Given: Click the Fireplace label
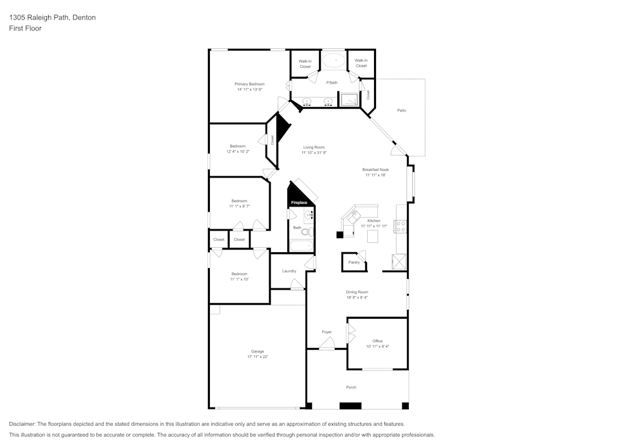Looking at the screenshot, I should tap(299, 203).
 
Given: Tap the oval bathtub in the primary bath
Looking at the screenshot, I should tap(332, 61).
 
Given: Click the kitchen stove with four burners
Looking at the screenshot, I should tap(401, 226).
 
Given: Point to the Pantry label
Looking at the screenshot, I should tap(354, 262).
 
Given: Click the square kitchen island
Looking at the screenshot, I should tap(373, 236).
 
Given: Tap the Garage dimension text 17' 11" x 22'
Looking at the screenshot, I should tap(257, 357).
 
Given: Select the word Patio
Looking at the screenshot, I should tap(401, 111).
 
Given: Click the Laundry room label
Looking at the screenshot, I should tap(289, 271).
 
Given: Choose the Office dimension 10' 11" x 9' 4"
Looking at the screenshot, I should tap(378, 347).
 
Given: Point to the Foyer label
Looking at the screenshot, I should tap(327, 332).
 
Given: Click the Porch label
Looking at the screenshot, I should tap(351, 387).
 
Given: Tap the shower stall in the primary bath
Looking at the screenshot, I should tap(349, 99).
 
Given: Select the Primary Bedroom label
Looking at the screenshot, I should tap(249, 84).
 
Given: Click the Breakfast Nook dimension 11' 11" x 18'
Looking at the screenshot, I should tap(375, 176).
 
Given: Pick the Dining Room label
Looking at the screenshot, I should tap(357, 292).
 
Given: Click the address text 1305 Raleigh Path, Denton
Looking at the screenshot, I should tap(53, 18).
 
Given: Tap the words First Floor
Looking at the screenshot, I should tap(25, 29).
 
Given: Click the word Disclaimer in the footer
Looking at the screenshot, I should tap(23, 424).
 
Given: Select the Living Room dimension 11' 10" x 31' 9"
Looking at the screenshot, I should tap(314, 153).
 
